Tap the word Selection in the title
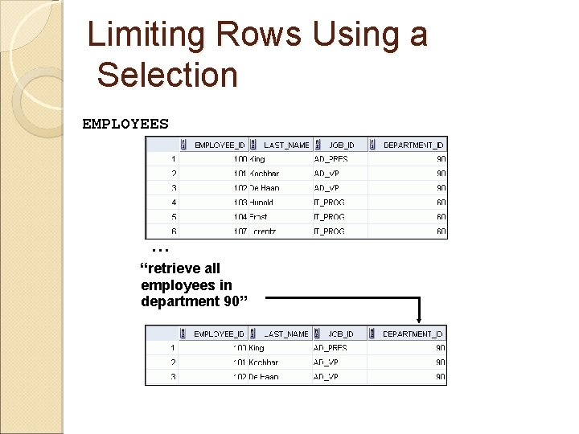167,75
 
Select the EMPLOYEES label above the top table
125,124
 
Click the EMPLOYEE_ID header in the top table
220,145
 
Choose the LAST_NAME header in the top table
286,145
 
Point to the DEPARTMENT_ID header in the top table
413,145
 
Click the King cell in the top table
257,159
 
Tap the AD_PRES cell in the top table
331,159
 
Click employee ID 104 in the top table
240,217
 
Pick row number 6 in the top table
174,231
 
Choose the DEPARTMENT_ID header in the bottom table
413,334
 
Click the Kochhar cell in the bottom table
264,362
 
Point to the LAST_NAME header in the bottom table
286,334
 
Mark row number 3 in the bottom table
173,377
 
